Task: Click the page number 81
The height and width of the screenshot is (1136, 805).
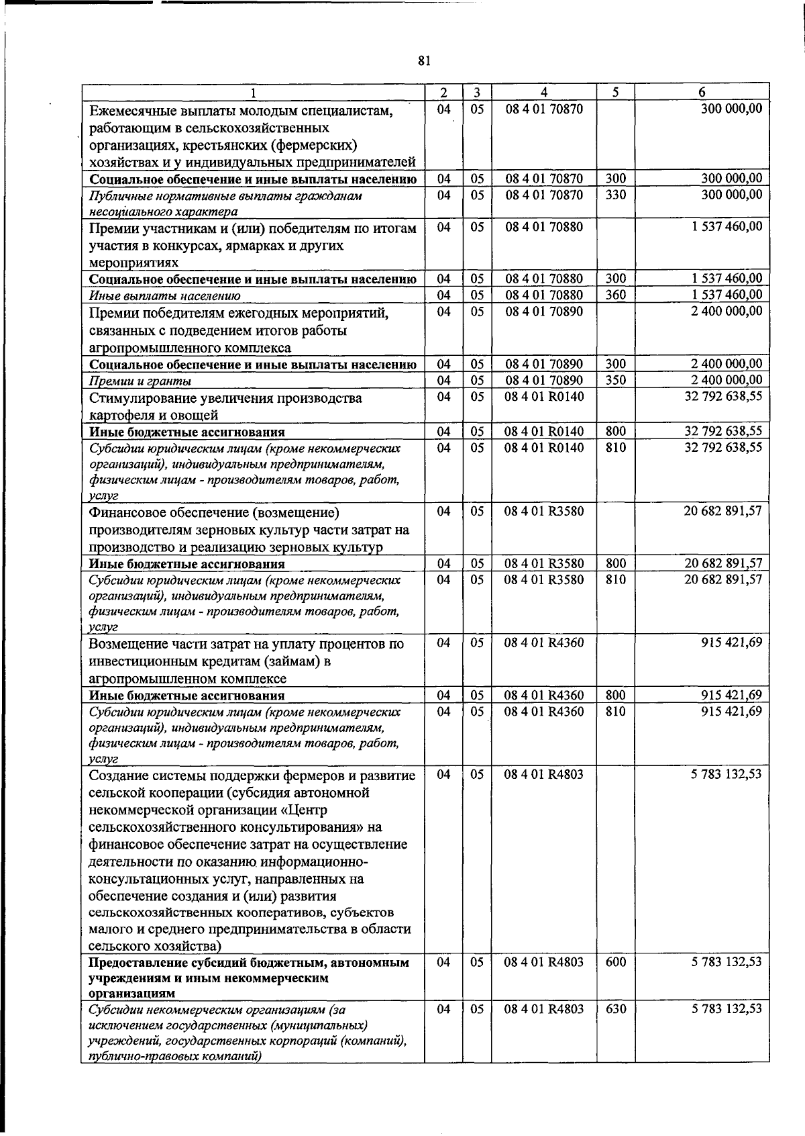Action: point(423,61)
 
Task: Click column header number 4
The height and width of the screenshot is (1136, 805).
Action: point(544,93)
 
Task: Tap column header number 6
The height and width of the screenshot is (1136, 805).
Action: point(702,93)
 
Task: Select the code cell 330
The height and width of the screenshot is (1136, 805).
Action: point(615,195)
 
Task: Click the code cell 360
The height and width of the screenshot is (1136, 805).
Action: point(615,295)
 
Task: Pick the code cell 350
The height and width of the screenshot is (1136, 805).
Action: point(615,380)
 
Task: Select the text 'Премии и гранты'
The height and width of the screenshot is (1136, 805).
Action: point(140,381)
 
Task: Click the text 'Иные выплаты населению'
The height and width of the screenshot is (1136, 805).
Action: point(165,296)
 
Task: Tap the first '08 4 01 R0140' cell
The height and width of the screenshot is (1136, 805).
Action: point(544,397)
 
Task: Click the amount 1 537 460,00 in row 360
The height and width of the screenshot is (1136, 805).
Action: point(727,295)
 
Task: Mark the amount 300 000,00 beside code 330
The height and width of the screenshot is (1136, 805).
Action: point(731,195)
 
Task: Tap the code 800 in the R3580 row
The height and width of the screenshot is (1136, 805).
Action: point(615,563)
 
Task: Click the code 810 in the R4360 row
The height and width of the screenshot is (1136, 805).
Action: point(615,711)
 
